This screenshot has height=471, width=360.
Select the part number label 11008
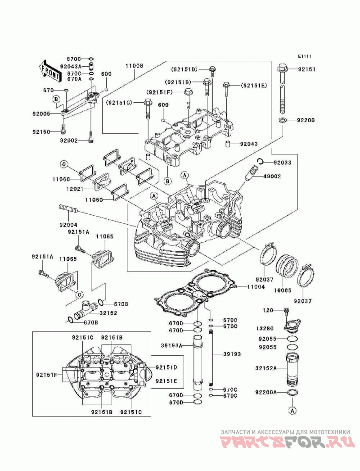(134, 66)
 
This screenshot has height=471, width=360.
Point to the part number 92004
(68, 224)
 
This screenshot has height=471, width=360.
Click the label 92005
(41, 114)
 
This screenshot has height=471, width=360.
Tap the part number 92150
(41, 132)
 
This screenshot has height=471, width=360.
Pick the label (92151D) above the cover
(184, 69)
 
